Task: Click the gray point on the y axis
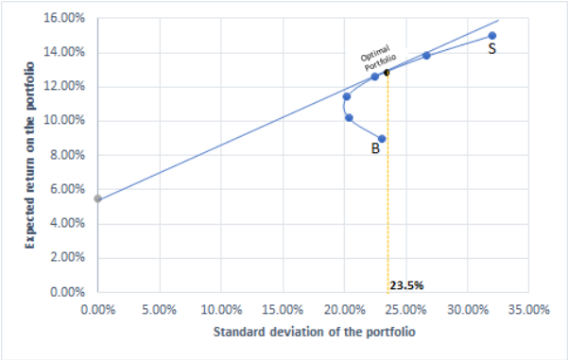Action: pyautogui.click(x=97, y=198)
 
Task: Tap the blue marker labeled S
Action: pyautogui.click(x=492, y=36)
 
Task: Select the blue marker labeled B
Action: pyautogui.click(x=382, y=139)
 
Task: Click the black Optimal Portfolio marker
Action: pyautogui.click(x=387, y=72)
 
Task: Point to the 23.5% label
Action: pyautogui.click(x=406, y=283)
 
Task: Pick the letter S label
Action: pyautogui.click(x=492, y=49)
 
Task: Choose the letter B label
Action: pyautogui.click(x=375, y=149)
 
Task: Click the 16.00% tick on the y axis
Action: pyautogui.click(x=69, y=18)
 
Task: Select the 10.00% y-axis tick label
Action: pyautogui.click(x=69, y=121)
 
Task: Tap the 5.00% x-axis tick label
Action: pyautogui.click(x=159, y=308)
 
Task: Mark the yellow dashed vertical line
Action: pyautogui.click(x=388, y=189)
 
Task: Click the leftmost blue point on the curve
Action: pyautogui.click(x=347, y=96)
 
